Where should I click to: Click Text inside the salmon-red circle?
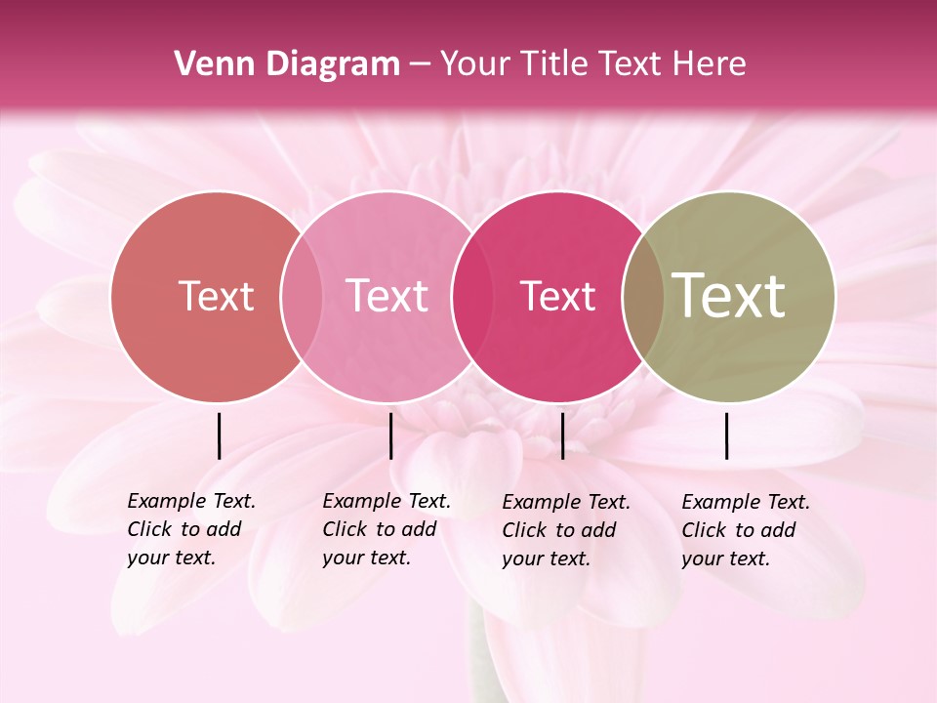point(216,296)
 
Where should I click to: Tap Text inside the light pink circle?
point(387,296)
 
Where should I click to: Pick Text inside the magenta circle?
point(557,296)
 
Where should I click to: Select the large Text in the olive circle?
point(729,296)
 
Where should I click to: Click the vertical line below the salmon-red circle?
point(219,435)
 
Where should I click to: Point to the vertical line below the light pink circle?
point(390,435)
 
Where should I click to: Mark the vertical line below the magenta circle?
point(562,435)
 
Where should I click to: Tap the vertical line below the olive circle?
point(726,435)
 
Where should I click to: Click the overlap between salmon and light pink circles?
point(302,297)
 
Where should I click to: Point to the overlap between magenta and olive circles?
point(643,297)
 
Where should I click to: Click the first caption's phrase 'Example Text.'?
point(191,501)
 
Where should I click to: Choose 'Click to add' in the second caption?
point(379,529)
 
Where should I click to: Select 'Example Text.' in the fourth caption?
point(746,502)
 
